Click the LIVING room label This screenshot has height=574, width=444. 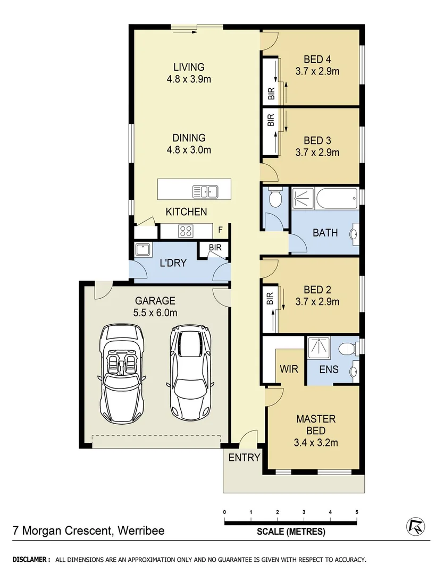click(x=189, y=67)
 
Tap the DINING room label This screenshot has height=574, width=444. click(x=189, y=138)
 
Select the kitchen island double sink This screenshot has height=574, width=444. click(x=205, y=191)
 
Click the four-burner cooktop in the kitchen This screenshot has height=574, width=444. click(x=186, y=231)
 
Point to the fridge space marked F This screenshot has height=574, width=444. click(x=220, y=230)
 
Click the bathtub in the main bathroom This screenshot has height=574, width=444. click(x=337, y=199)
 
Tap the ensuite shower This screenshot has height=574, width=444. click(x=319, y=348)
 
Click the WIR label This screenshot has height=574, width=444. click(x=289, y=369)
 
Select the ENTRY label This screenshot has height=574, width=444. click(x=244, y=458)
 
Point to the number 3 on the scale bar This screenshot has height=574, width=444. click(x=304, y=512)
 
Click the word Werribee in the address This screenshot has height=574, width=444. click(x=141, y=530)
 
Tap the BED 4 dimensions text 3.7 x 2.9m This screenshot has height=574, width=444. click(x=317, y=71)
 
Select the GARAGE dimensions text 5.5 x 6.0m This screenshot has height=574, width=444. click(x=155, y=313)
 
